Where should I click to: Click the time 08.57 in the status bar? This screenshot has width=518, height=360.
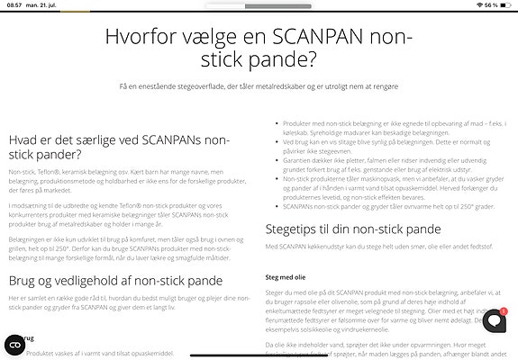[14, 5]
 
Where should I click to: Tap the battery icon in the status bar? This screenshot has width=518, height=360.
[506, 5]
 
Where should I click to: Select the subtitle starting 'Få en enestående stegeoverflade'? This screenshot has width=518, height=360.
[259, 86]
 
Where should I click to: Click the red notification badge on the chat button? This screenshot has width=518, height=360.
[504, 311]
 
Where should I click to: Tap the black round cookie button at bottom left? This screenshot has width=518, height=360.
[14, 344]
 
